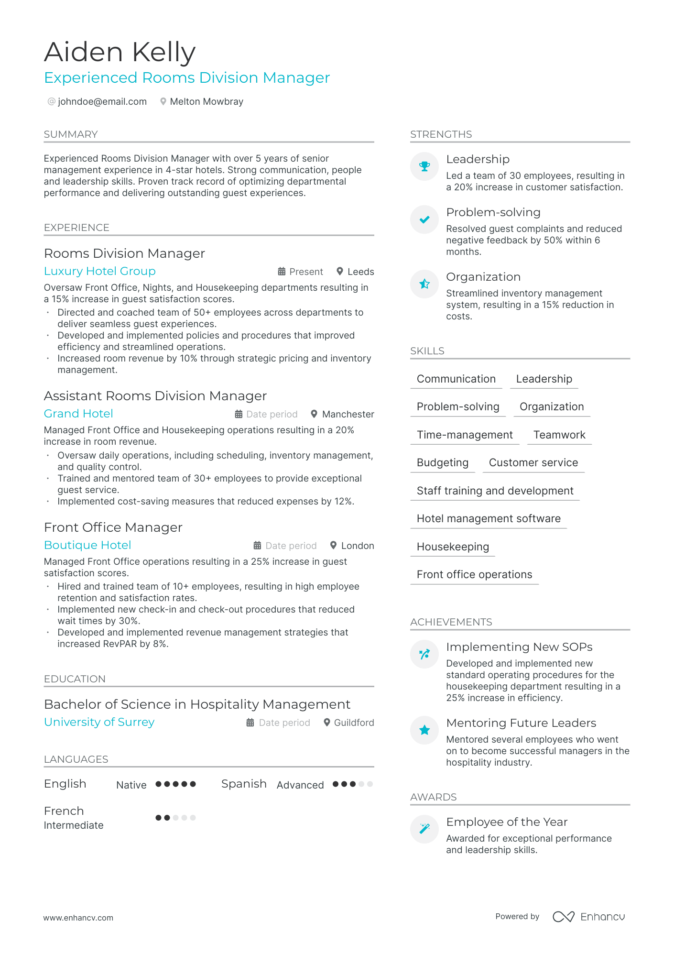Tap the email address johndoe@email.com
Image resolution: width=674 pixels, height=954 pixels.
(x=102, y=101)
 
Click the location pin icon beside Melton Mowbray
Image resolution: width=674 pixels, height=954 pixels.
(x=163, y=101)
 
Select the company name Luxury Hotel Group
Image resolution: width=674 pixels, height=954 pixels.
(x=99, y=271)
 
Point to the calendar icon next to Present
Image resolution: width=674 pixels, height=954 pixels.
(x=282, y=272)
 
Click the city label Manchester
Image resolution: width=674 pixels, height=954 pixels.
(x=348, y=414)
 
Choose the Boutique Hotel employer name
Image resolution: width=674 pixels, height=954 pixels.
(x=87, y=545)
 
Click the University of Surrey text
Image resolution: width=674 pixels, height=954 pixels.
(x=99, y=722)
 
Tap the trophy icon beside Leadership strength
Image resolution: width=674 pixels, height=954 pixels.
(x=424, y=166)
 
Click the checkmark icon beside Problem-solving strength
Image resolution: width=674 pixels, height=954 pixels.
(x=424, y=219)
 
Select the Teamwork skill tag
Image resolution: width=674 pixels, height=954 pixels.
(x=559, y=435)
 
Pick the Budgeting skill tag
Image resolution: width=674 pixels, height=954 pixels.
(x=442, y=462)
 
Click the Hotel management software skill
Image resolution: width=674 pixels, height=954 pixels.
(x=488, y=518)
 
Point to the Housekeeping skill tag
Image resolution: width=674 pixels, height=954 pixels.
(x=452, y=547)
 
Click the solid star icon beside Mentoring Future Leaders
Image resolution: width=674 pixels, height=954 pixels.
(x=424, y=730)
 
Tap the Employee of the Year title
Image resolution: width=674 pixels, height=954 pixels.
(x=506, y=822)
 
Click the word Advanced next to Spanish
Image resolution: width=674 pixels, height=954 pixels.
(x=300, y=785)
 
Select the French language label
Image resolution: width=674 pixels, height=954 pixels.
(x=64, y=811)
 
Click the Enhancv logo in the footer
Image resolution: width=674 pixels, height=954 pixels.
(x=588, y=917)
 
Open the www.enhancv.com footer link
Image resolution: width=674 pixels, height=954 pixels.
(x=78, y=918)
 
